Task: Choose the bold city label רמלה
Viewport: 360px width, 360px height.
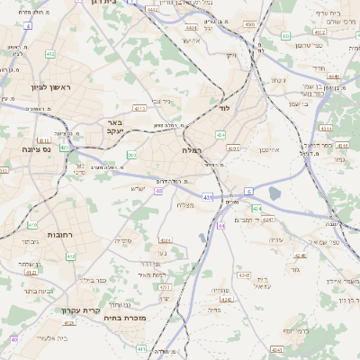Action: tap(193, 150)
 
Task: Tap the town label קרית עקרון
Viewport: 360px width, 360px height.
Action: tap(80, 310)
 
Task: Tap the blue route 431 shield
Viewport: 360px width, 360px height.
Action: tap(208, 196)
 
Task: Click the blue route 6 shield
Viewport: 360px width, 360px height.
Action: tap(247, 191)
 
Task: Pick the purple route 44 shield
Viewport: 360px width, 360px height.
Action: tap(220, 225)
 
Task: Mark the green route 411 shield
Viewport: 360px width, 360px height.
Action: tap(140, 347)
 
